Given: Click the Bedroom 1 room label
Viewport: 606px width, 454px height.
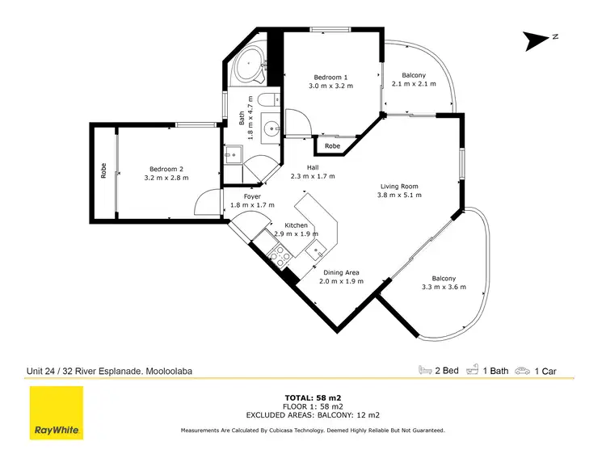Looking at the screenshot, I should tap(330, 77).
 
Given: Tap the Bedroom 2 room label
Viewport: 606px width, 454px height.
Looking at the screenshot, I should tap(166, 169).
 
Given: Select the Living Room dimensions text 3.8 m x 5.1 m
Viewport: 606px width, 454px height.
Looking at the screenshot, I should tap(402, 195).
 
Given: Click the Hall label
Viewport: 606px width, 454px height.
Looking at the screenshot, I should tap(313, 167).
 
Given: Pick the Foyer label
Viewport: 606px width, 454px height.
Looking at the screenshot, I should tap(241, 196).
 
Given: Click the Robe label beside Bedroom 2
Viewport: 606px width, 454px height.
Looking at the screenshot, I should tap(103, 170).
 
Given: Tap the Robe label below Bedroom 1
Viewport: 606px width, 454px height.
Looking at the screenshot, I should tap(332, 146).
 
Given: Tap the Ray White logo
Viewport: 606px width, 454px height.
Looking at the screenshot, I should tap(57, 414).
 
